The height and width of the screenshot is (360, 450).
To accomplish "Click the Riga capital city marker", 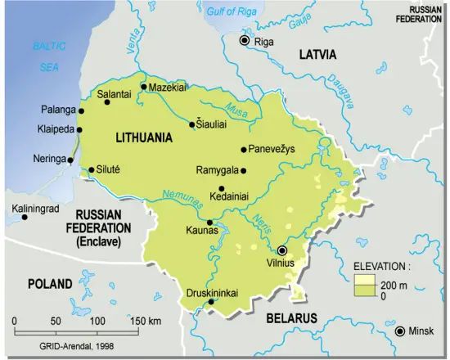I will coord(244,41).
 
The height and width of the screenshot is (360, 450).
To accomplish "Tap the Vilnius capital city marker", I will coord(282,250).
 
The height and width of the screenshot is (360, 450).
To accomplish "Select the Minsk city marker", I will coord(399,331).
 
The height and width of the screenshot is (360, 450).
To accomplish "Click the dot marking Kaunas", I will coord(210,223).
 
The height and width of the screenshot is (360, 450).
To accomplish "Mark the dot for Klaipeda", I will coord(81,129).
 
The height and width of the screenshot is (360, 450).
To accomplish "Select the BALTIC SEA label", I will coord(42,58).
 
